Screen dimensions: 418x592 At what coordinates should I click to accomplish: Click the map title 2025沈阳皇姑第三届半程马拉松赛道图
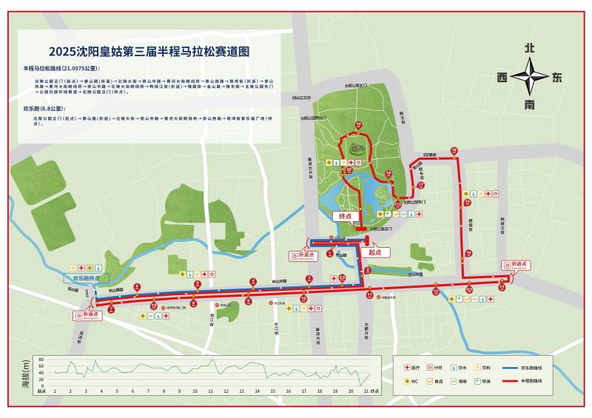click(x=149, y=53)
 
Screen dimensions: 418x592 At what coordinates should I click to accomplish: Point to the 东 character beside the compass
click(x=556, y=77)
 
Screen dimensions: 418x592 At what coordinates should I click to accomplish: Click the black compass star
click(x=530, y=76)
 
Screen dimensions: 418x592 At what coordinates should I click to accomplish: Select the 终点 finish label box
click(x=346, y=216)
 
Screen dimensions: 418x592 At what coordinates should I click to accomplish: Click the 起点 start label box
click(x=374, y=252)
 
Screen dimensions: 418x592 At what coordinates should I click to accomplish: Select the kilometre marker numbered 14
click(x=468, y=253)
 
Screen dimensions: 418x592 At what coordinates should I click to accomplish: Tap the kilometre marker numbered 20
click(x=349, y=169)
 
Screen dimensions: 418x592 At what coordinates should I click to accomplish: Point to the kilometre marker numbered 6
click(x=137, y=287)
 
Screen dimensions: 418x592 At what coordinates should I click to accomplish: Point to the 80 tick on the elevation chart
click(x=40, y=360)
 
